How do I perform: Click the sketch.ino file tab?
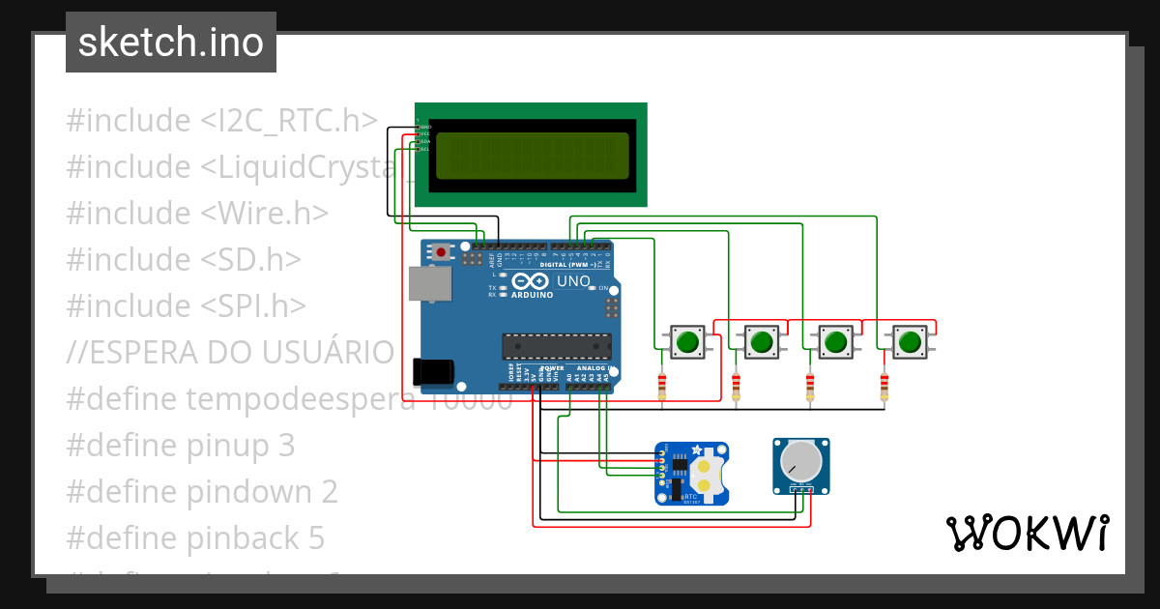[170, 43]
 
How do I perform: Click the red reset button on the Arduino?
[442, 252]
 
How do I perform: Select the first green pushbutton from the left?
[688, 341]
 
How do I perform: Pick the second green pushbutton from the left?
[762, 341]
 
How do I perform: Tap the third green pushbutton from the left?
[835, 341]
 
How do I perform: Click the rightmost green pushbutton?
[909, 341]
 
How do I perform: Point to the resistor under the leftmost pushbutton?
[662, 387]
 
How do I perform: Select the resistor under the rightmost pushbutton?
[884, 387]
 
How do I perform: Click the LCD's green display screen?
[531, 155]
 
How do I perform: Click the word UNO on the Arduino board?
[573, 281]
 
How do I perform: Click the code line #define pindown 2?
[202, 491]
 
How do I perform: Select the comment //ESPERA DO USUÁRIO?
[230, 352]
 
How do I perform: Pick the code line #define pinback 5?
[195, 537]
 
